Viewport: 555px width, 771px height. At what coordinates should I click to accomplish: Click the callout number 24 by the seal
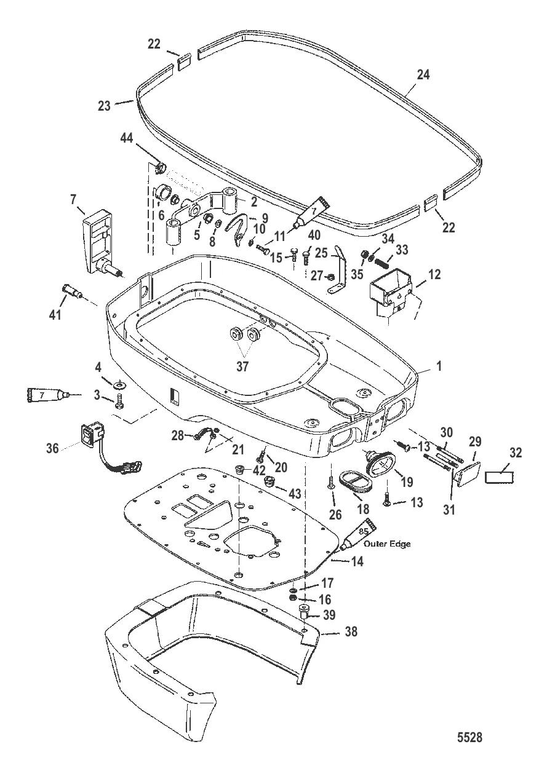pos(423,75)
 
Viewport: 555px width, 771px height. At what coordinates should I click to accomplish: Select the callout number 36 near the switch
pos(54,449)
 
